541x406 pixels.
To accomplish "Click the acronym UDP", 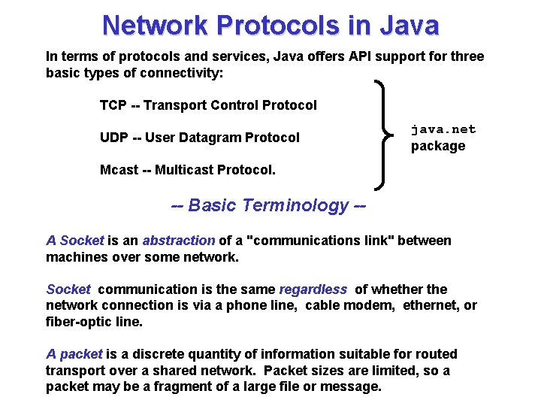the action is pyautogui.click(x=113, y=138).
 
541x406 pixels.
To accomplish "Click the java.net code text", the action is pyautogui.click(x=443, y=129).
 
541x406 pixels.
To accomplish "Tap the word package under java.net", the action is pyautogui.click(x=438, y=146).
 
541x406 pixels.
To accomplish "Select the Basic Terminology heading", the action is pyautogui.click(x=269, y=205).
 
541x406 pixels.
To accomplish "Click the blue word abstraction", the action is pyautogui.click(x=179, y=241).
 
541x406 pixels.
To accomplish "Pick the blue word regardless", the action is pyautogui.click(x=313, y=289).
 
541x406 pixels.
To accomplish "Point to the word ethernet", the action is pyautogui.click(x=431, y=305).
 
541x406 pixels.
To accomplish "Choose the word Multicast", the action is pyautogui.click(x=184, y=170).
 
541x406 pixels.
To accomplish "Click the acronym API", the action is pyautogui.click(x=323, y=56).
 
